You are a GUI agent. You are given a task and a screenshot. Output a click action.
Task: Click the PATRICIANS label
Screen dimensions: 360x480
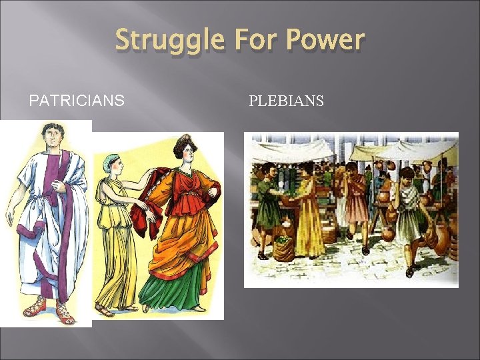(76, 101)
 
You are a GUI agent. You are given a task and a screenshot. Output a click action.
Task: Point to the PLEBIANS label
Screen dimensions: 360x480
(286, 101)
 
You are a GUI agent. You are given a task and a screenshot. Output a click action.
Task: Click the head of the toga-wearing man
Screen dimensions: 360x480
(50, 138)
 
